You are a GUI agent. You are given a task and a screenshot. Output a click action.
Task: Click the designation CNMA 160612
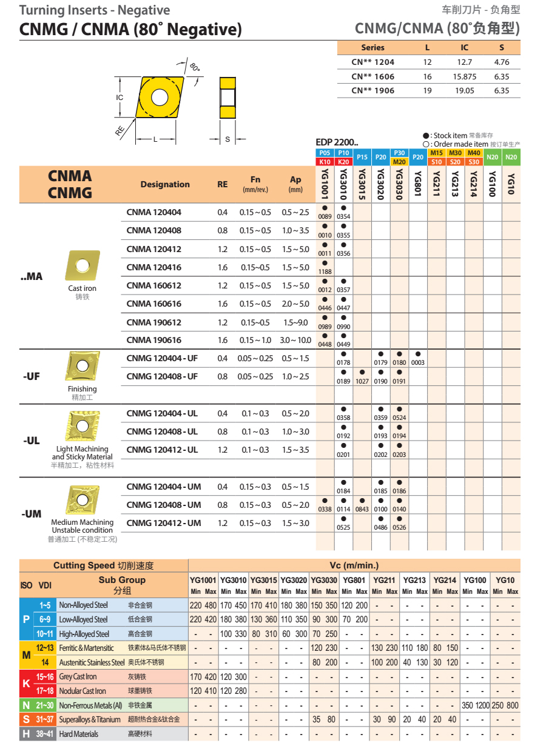pyautogui.click(x=153, y=285)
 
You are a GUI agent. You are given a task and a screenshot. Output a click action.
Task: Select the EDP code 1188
pyautogui.click(x=325, y=271)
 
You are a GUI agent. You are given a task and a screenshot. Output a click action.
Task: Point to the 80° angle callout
pyautogui.click(x=194, y=67)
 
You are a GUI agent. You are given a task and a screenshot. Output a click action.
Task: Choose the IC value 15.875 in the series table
pyautogui.click(x=465, y=77)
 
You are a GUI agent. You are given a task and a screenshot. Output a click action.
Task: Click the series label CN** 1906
pyautogui.click(x=372, y=90)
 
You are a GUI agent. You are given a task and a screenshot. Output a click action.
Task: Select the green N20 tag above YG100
pyautogui.click(x=493, y=158)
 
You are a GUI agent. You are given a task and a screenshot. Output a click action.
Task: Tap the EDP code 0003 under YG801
pyautogui.click(x=418, y=362)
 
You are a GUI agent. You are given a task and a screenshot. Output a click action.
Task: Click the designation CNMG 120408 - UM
pyautogui.click(x=164, y=505)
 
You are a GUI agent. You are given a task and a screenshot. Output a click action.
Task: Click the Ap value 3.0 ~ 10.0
pyautogui.click(x=295, y=340)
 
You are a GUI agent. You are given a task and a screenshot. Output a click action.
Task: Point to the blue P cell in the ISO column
pyautogui.click(x=26, y=619)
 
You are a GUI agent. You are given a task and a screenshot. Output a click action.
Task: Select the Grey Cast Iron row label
pyautogui.click(x=78, y=676)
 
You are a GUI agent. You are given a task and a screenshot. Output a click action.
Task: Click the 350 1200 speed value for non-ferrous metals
pyautogui.click(x=475, y=705)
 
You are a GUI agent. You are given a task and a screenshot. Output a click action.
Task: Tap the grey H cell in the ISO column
pyautogui.click(x=26, y=733)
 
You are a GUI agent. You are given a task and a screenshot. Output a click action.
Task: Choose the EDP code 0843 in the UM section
pyautogui.click(x=362, y=509)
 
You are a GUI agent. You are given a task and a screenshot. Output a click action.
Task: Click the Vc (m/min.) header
pyautogui.click(x=354, y=565)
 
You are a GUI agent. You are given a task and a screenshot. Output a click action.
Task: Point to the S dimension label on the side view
pyautogui.click(x=227, y=139)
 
